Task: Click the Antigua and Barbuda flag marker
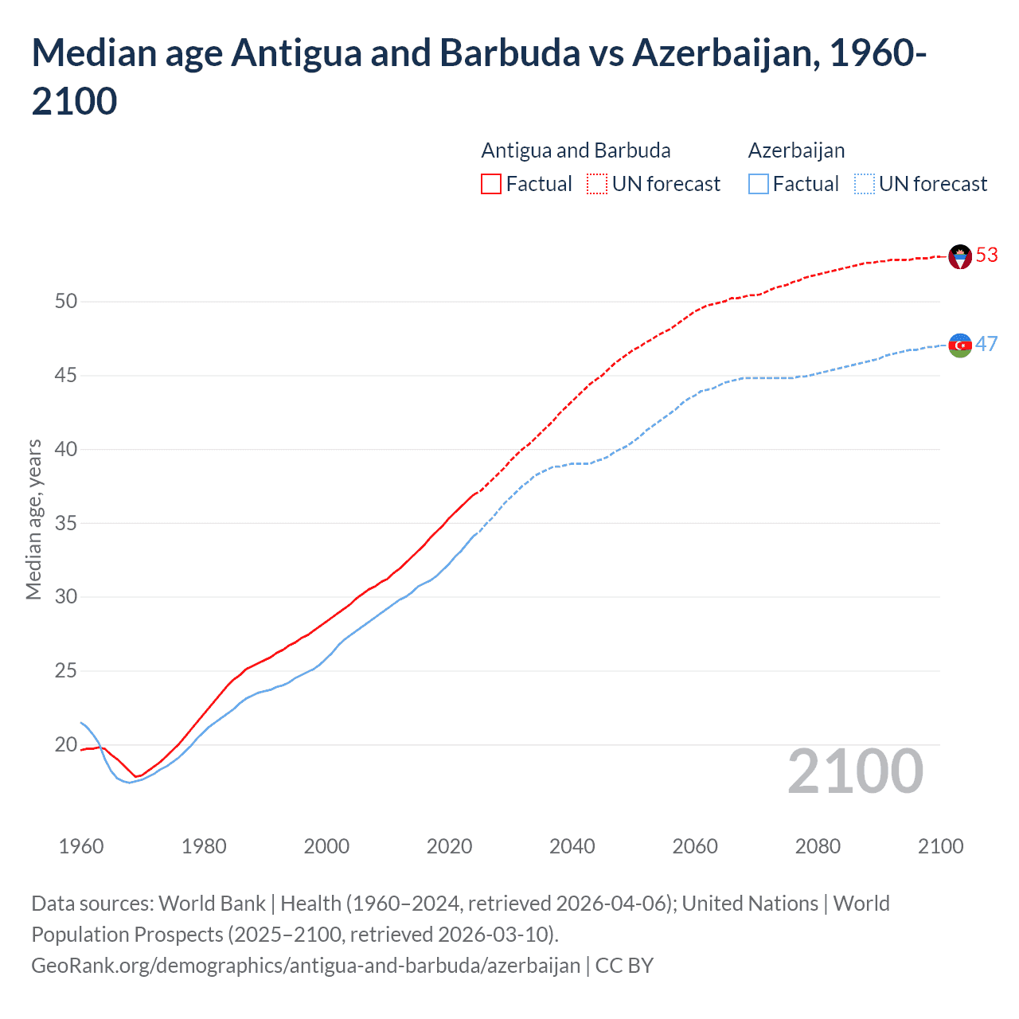pyautogui.click(x=960, y=256)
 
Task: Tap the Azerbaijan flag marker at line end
pyautogui.click(x=960, y=346)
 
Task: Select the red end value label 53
pyautogui.click(x=986, y=255)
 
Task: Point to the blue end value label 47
pyautogui.click(x=986, y=344)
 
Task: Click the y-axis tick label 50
pyautogui.click(x=66, y=301)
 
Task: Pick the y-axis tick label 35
pyautogui.click(x=66, y=523)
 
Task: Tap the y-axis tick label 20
pyautogui.click(x=66, y=745)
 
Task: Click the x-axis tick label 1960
pyautogui.click(x=81, y=846)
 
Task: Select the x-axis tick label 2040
pyautogui.click(x=572, y=846)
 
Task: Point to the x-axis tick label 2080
pyautogui.click(x=818, y=846)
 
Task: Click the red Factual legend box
pyautogui.click(x=491, y=184)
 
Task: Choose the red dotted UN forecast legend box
pyautogui.click(x=597, y=184)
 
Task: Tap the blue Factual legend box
pyautogui.click(x=759, y=184)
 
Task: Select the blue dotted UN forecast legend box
pyautogui.click(x=865, y=184)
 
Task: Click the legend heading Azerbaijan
pyautogui.click(x=796, y=150)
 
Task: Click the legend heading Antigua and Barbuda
pyautogui.click(x=576, y=150)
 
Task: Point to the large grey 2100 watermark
pyautogui.click(x=855, y=771)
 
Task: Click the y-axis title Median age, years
pyautogui.click(x=33, y=519)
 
